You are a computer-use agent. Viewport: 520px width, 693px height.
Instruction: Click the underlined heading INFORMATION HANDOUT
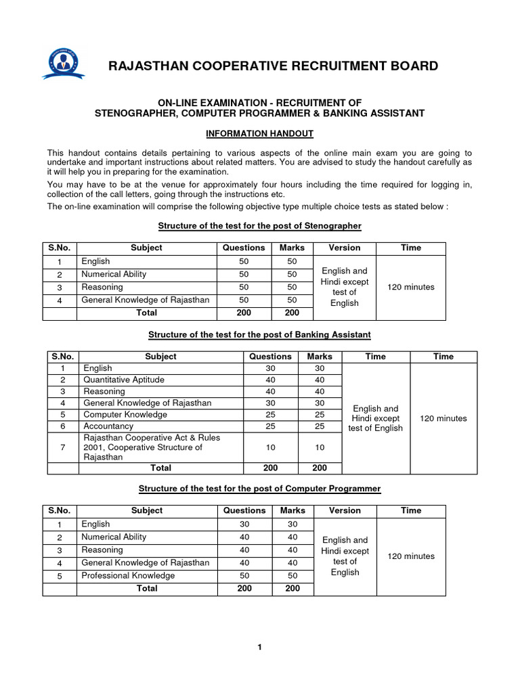[x=259, y=134]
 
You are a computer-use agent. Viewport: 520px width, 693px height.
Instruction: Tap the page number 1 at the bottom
[x=259, y=648]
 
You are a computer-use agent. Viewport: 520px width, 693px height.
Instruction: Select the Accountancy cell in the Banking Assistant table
[x=108, y=426]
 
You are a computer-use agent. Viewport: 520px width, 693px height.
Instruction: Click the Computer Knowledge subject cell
[x=125, y=414]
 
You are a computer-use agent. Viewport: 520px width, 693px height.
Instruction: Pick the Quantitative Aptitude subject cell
[x=124, y=380]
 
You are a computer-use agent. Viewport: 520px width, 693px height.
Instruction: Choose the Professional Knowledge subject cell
[x=128, y=575]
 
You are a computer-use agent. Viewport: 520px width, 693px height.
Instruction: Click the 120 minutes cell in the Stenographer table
[x=411, y=287]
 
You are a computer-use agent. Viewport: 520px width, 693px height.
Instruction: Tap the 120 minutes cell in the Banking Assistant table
[x=443, y=418]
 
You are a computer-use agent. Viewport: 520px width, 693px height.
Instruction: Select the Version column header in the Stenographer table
[x=345, y=248]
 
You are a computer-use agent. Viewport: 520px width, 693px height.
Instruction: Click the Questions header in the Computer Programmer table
[x=244, y=510]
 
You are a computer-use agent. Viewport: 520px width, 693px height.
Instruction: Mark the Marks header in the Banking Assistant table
[x=320, y=356]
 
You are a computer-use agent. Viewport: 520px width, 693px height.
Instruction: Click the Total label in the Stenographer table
[x=147, y=313]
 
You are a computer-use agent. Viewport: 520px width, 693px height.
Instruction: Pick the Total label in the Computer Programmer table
[x=147, y=588]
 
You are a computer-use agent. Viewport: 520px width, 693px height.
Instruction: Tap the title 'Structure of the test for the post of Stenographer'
[x=259, y=225]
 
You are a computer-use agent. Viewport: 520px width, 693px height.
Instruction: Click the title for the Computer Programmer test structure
[x=259, y=488]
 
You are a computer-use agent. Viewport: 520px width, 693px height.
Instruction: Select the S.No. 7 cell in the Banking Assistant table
[x=62, y=447]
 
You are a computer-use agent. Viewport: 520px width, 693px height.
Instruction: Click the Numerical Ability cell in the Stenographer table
[x=114, y=274]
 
